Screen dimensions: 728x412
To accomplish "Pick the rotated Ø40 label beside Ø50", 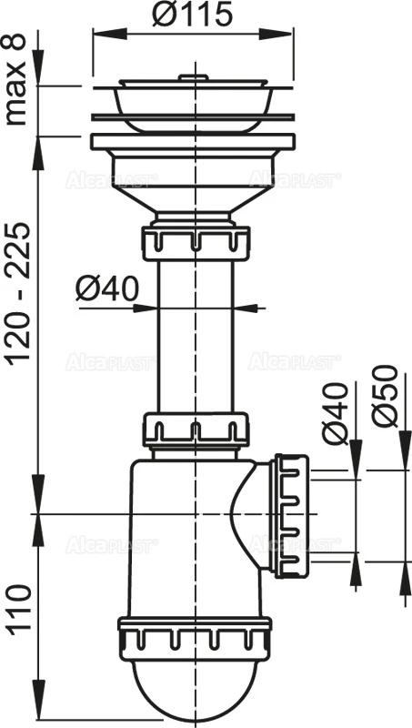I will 336,414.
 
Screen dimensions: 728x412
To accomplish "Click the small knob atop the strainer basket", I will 186,79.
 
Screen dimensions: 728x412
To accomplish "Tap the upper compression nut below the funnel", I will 196,243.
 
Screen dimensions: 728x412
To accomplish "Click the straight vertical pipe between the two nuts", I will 196,337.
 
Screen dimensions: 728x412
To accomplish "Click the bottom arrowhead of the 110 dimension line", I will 37,716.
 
